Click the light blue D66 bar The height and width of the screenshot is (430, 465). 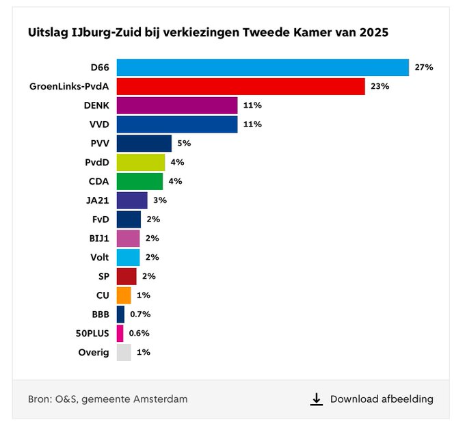(x=263, y=67)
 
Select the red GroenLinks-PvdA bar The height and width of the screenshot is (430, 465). (x=241, y=86)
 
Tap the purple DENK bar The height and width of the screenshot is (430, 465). (x=177, y=105)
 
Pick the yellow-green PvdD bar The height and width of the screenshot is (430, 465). (x=141, y=162)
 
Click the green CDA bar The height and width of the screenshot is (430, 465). (x=139, y=181)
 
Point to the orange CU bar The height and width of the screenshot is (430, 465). (x=124, y=295)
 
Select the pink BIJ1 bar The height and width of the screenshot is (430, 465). (x=128, y=238)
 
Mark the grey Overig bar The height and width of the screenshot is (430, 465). (x=124, y=352)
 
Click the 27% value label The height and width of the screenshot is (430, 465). (x=424, y=67)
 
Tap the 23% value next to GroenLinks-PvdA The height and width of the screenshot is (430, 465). (x=380, y=86)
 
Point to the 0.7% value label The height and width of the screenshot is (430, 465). (x=139, y=314)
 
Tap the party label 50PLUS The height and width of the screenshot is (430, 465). (x=92, y=334)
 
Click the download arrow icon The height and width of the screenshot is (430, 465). (x=316, y=399)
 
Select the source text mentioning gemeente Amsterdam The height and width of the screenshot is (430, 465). (x=107, y=399)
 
